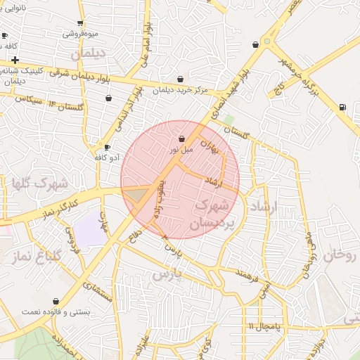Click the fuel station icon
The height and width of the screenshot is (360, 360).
tap(342, 107)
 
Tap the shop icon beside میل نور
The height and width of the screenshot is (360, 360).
tap(182, 139)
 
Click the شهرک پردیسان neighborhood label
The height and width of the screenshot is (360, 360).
tap(209, 215)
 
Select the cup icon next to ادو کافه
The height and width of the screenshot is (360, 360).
tap(107, 147)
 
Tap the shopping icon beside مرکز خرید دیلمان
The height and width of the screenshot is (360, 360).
tap(181, 79)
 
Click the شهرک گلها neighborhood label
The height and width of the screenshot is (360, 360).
tap(39, 184)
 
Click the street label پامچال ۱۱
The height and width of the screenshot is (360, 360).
tap(264, 326)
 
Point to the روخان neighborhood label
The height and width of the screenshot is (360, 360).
tap(342, 255)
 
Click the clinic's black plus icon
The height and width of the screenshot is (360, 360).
tap(15, 60)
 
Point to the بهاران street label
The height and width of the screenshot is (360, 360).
tap(210, 146)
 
